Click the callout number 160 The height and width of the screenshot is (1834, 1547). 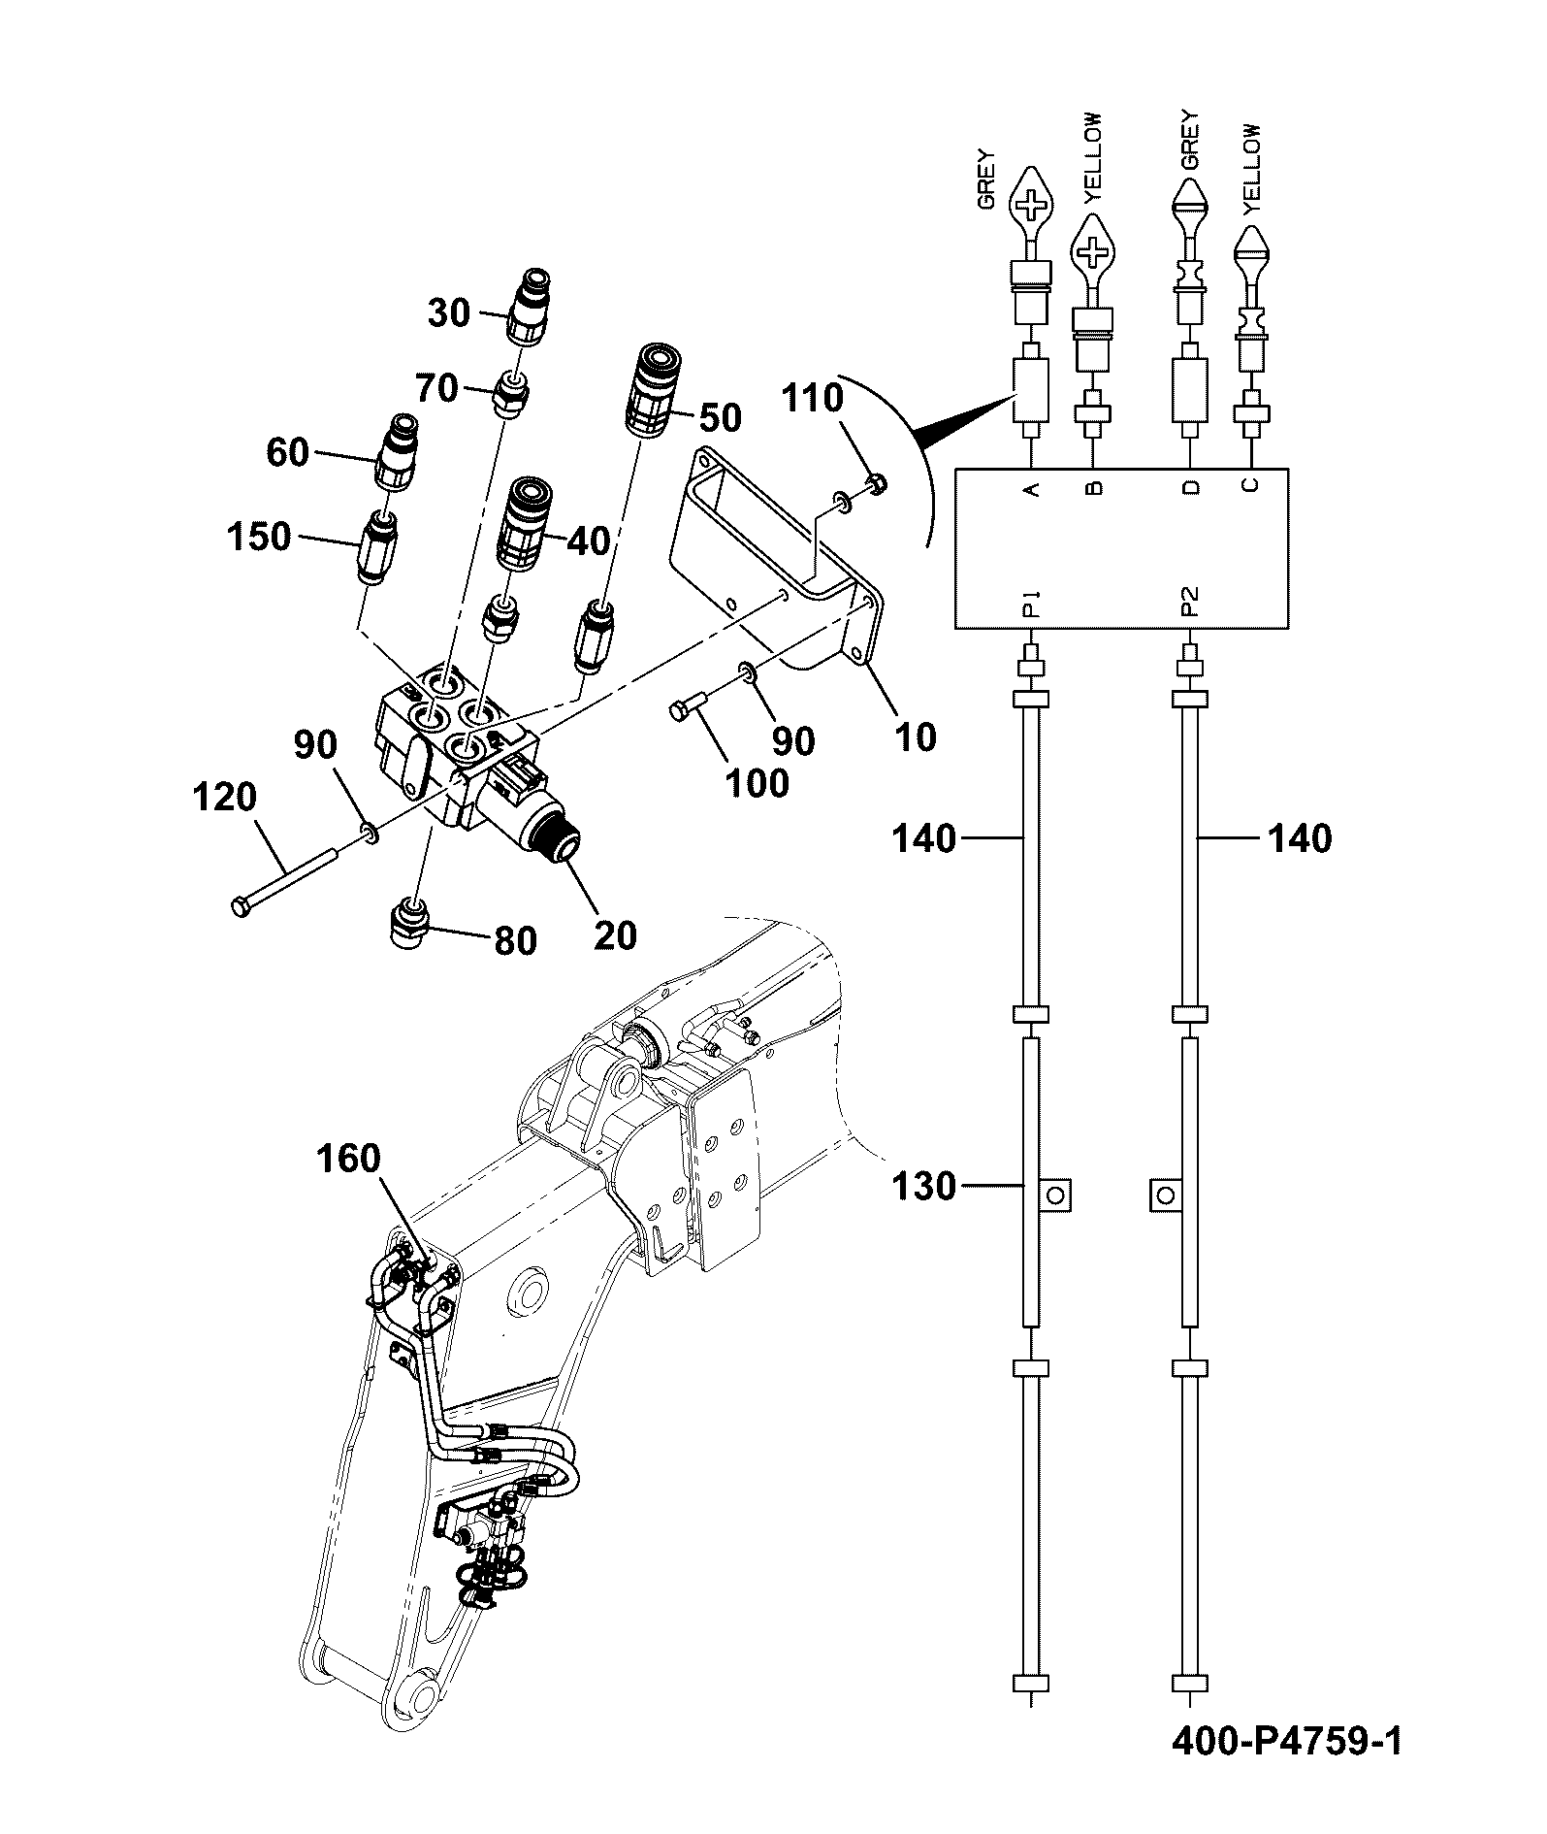click(x=347, y=1159)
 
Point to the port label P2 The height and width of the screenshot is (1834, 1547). click(x=1191, y=604)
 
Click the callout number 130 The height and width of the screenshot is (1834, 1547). click(x=923, y=1186)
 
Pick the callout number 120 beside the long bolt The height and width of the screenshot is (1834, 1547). click(x=225, y=798)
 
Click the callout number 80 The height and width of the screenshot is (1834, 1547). click(x=514, y=940)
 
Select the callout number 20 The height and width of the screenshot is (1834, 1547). click(x=614, y=934)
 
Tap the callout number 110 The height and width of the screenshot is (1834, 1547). click(x=812, y=397)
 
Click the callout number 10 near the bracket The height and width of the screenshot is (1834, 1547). click(x=916, y=737)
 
